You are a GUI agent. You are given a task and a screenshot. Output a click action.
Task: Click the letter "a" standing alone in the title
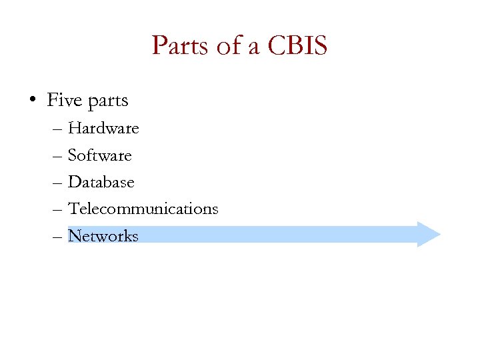tap(251, 48)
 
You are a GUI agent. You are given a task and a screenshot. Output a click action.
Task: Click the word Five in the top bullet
tap(63, 101)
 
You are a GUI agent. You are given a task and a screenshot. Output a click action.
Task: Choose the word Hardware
tap(103, 128)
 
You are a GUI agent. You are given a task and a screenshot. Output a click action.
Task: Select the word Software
tap(100, 155)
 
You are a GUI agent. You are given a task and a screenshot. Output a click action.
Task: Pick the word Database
tap(101, 182)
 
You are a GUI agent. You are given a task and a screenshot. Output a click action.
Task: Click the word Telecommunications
tap(143, 209)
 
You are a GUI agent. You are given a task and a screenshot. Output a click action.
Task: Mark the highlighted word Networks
tap(103, 236)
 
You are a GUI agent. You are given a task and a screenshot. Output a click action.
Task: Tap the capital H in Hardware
tap(74, 128)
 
